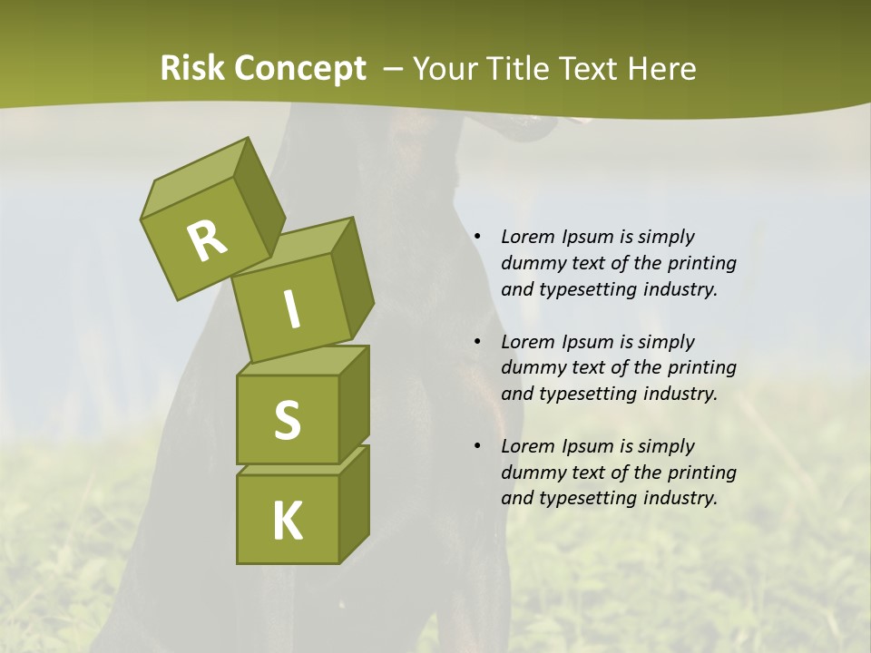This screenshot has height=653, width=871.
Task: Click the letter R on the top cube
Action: [x=207, y=241]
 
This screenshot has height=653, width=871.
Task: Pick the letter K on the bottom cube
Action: [x=287, y=521]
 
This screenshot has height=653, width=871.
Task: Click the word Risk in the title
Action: [x=193, y=69]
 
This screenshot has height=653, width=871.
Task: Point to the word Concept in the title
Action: [x=300, y=69]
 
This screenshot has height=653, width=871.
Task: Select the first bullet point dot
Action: [x=477, y=237]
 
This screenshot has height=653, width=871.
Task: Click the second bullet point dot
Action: [x=477, y=342]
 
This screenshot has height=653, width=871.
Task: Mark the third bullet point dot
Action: [x=477, y=446]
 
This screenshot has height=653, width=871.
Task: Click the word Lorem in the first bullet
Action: [x=527, y=237]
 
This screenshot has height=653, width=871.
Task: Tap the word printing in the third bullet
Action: [x=701, y=473]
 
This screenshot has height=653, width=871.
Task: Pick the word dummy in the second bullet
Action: [x=532, y=368]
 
